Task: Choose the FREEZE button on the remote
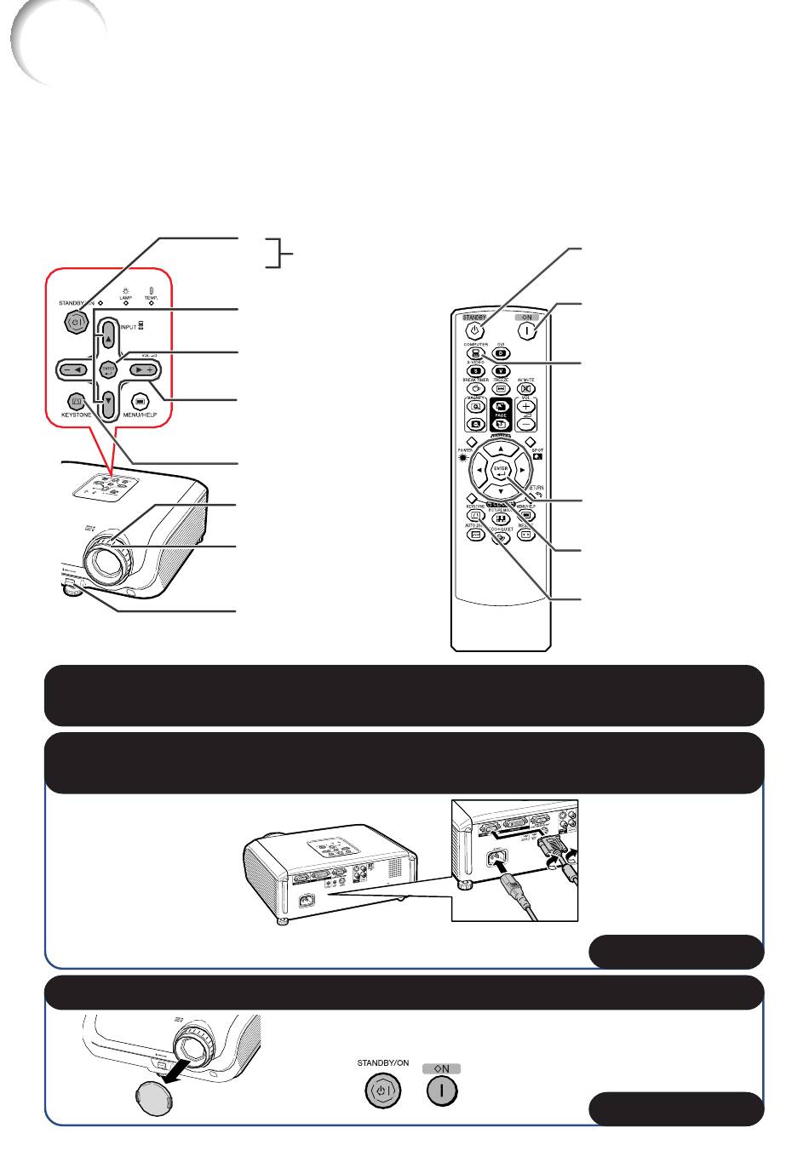(501, 387)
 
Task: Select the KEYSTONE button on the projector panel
(77, 399)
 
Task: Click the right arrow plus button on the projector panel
(144, 369)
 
